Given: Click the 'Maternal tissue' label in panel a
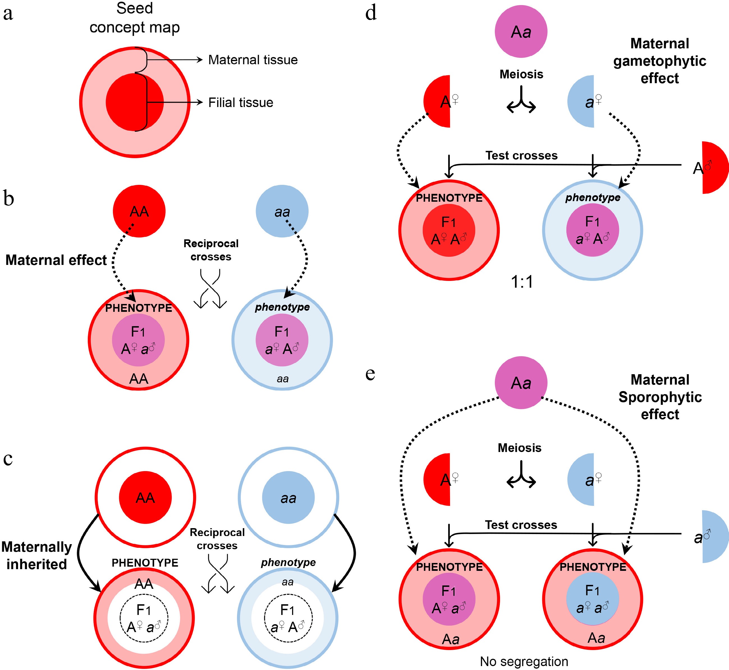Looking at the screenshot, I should (x=253, y=60).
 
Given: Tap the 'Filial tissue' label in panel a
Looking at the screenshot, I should (x=240, y=103).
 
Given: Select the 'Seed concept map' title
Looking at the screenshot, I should (x=134, y=18).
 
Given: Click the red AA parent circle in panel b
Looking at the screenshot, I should (x=139, y=211).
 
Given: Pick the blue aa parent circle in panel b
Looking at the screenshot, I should (x=282, y=211).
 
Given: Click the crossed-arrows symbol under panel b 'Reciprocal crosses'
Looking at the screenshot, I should (x=210, y=289).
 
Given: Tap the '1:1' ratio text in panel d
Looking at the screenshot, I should (x=522, y=282).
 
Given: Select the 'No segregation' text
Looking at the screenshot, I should (x=524, y=661).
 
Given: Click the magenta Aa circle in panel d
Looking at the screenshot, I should (x=521, y=31).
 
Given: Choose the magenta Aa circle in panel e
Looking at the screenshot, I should (x=521, y=383).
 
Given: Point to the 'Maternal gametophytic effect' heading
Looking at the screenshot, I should (x=659, y=61).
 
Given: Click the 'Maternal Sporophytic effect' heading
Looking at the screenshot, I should (x=660, y=397).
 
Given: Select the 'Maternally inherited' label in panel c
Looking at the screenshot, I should (x=36, y=555).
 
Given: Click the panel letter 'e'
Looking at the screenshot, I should (x=370, y=373).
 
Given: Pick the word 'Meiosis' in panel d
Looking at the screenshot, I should (x=521, y=74).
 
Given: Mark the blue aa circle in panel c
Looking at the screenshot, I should (x=288, y=498).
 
